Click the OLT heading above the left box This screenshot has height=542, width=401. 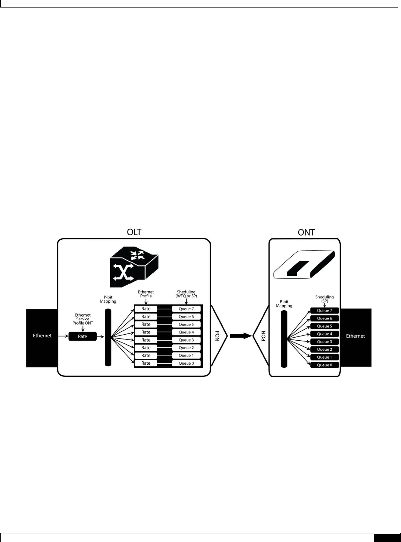[x=134, y=232]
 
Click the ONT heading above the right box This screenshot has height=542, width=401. [x=306, y=232]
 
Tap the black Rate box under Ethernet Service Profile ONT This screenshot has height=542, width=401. [x=82, y=336]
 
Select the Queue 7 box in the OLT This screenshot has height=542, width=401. [x=186, y=309]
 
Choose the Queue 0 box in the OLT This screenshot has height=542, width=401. [x=186, y=363]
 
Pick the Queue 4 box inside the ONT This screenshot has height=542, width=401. [x=324, y=334]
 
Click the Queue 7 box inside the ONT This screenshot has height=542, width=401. [x=324, y=311]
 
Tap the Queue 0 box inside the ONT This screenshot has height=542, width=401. [x=324, y=365]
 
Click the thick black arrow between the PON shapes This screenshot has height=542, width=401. [x=240, y=336]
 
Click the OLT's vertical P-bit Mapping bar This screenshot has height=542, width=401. [x=108, y=337]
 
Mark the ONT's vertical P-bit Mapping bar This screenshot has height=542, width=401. [x=284, y=339]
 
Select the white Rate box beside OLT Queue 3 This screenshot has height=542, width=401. [x=146, y=340]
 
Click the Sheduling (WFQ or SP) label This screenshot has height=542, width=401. [x=186, y=294]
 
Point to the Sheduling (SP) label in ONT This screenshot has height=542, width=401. [x=324, y=299]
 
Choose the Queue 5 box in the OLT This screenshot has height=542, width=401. [x=186, y=324]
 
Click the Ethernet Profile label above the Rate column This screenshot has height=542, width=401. [x=146, y=294]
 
